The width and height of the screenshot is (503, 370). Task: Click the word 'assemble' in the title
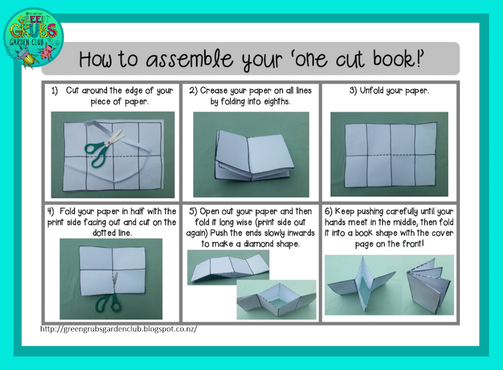click(x=189, y=60)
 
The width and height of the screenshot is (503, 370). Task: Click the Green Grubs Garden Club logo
click(x=33, y=38)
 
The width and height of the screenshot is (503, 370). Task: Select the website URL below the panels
click(x=118, y=329)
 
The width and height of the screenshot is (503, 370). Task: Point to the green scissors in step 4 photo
click(x=111, y=296)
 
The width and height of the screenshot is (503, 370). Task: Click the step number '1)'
click(x=55, y=91)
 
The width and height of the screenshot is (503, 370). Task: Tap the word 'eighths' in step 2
click(x=277, y=102)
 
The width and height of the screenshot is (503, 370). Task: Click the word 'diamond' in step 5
click(x=259, y=244)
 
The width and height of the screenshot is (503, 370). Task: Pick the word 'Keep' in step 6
click(x=345, y=212)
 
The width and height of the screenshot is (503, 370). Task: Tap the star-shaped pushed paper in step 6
click(x=363, y=284)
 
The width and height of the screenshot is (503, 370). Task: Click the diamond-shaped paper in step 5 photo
click(x=277, y=299)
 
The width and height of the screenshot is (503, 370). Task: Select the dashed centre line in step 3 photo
click(x=390, y=156)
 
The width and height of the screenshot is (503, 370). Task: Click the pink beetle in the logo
click(x=47, y=52)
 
